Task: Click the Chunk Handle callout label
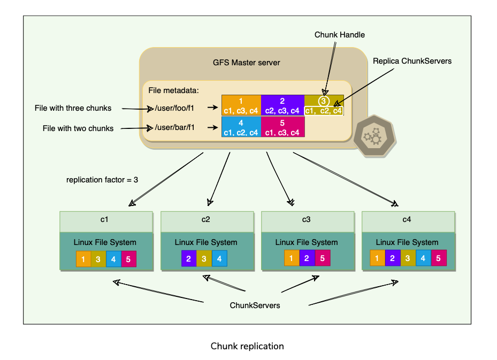(340, 35)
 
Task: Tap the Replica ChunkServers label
(412, 61)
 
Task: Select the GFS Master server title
(246, 63)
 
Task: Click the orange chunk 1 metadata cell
(241, 105)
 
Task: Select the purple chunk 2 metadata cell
(282, 105)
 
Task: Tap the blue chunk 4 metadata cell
(241, 127)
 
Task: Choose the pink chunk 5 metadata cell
(282, 127)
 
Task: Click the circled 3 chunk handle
(323, 100)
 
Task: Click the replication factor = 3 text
(102, 180)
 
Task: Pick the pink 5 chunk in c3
(322, 258)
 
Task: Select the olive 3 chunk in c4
(408, 259)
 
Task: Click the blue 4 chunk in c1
(113, 259)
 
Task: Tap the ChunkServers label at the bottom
(255, 305)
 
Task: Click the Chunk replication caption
(247, 346)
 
